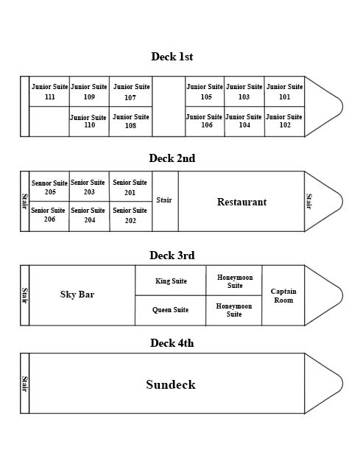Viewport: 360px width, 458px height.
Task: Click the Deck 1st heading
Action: coord(172,57)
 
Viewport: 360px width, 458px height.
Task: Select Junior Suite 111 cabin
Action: coord(49,91)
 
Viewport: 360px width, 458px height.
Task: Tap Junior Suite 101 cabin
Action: coord(284,91)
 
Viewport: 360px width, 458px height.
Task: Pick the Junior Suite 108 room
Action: coord(131,121)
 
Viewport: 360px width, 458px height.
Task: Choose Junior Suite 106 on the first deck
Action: coord(205,121)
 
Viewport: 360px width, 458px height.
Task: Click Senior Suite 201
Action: coord(131,186)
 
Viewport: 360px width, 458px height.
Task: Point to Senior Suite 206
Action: coord(49,216)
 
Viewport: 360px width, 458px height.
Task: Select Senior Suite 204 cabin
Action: coord(89,216)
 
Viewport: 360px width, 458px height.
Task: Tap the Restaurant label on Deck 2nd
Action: coord(241,202)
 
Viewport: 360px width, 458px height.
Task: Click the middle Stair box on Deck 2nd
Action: coord(165,202)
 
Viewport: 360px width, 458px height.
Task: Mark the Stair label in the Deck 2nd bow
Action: coord(309,201)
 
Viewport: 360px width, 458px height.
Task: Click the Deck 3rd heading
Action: coord(172,256)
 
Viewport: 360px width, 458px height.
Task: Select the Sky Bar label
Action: coord(77,295)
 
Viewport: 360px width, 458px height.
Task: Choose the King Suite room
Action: coord(171,281)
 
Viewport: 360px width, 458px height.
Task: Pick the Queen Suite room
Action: coord(171,311)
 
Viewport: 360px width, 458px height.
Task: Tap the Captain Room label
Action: coord(283,295)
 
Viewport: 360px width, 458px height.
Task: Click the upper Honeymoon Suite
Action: coord(234,281)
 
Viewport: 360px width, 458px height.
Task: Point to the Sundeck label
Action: coord(171,384)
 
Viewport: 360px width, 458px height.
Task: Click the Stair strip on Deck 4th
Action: coord(25,383)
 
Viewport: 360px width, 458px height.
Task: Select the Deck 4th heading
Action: coord(172,343)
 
